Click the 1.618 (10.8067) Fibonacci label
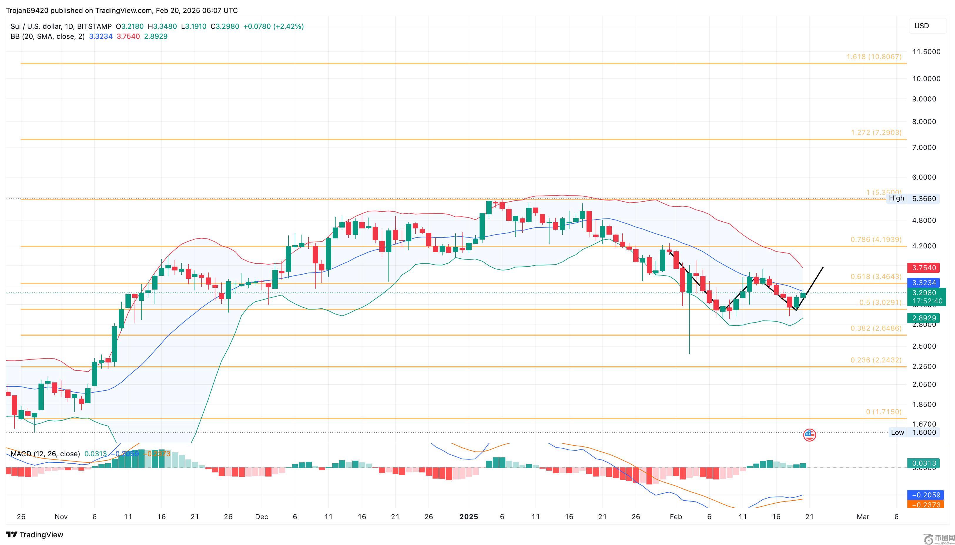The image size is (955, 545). click(874, 57)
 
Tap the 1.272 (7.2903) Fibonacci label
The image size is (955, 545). click(876, 133)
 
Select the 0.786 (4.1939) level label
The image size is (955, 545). click(876, 240)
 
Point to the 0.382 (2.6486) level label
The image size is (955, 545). click(876, 328)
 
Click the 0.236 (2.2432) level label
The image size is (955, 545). click(876, 360)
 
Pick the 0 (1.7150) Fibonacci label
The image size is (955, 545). click(884, 412)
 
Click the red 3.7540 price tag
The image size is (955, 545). click(924, 268)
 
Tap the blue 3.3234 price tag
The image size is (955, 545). click(924, 283)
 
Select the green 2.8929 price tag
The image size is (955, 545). click(924, 318)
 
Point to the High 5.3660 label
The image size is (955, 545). click(912, 198)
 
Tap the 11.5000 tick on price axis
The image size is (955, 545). click(926, 52)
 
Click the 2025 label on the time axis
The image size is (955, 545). click(469, 516)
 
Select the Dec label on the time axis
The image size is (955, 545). click(262, 516)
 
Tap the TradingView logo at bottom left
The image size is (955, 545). click(35, 534)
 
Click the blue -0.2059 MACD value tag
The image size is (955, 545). click(925, 495)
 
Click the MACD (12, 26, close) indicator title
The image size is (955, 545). click(45, 454)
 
